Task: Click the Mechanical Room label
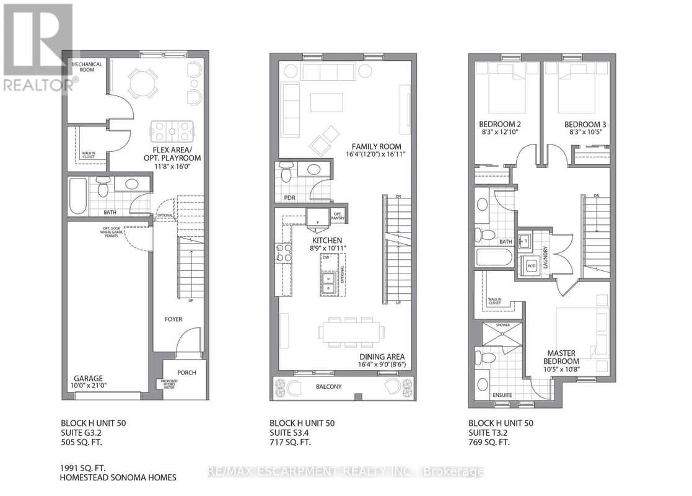(86, 67)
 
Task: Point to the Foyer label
(173, 319)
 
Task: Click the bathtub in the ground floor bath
(79, 189)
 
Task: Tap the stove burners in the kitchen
(284, 254)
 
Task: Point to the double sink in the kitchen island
(329, 285)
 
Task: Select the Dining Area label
(382, 356)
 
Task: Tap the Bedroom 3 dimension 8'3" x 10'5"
(584, 133)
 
